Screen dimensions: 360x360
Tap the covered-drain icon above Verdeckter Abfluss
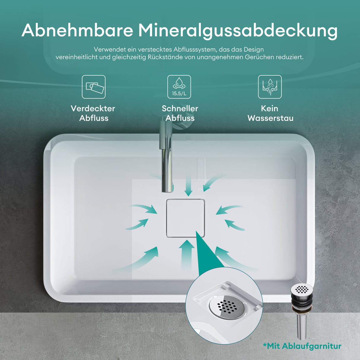(94, 87)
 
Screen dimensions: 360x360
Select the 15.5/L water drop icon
(179, 87)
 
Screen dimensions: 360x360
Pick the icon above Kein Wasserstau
(270, 87)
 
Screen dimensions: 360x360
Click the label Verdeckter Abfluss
(93, 113)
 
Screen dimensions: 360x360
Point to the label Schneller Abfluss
(180, 113)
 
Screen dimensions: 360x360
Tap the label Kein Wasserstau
(270, 113)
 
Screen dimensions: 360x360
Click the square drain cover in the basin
(185, 218)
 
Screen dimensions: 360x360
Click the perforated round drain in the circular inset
(227, 307)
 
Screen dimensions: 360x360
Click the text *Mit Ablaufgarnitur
(302, 346)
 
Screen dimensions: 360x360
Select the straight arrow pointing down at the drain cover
(188, 185)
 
